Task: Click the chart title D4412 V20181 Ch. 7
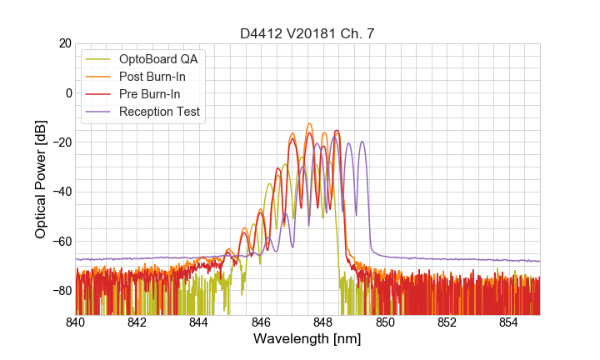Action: click(x=307, y=33)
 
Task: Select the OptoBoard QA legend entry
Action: click(x=159, y=59)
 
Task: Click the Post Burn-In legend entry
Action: click(x=153, y=77)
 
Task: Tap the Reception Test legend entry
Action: click(x=160, y=112)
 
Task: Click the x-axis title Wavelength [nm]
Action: click(x=307, y=340)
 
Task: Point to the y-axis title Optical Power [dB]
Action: click(x=41, y=179)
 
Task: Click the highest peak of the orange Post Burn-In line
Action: click(x=308, y=123)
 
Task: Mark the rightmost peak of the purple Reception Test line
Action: click(x=362, y=142)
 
